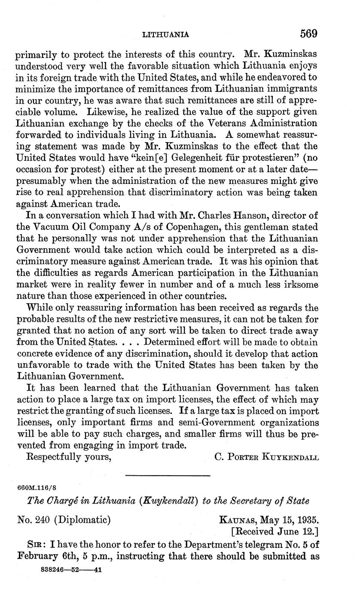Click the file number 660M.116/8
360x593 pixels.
point(37,489)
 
